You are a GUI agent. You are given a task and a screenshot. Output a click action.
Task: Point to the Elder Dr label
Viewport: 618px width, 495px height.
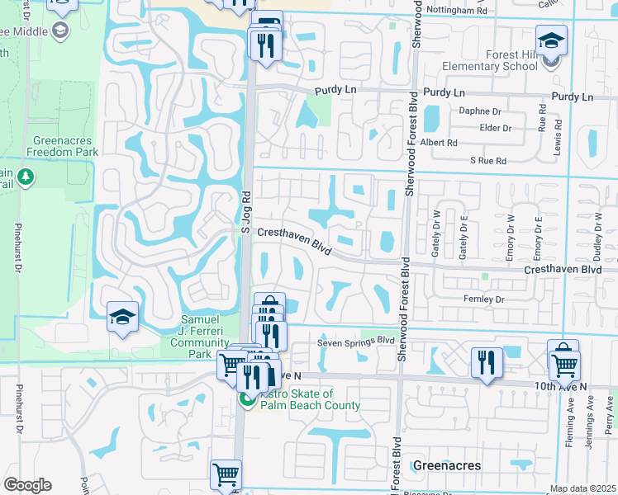click(x=496, y=128)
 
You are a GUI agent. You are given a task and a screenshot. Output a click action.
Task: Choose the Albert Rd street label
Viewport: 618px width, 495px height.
click(x=439, y=143)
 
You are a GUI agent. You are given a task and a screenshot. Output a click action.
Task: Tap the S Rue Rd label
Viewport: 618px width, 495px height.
click(x=487, y=160)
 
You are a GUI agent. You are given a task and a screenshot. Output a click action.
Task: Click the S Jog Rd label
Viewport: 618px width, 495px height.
click(x=245, y=213)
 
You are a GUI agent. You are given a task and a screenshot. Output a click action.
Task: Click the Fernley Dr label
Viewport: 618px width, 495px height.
click(x=484, y=299)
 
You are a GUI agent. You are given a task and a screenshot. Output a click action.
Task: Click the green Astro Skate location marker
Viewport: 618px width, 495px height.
click(x=245, y=400)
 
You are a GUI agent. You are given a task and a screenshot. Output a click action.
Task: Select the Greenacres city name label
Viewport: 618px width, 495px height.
click(x=446, y=465)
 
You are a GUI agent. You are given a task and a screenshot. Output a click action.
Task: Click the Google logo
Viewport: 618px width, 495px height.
click(x=26, y=485)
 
